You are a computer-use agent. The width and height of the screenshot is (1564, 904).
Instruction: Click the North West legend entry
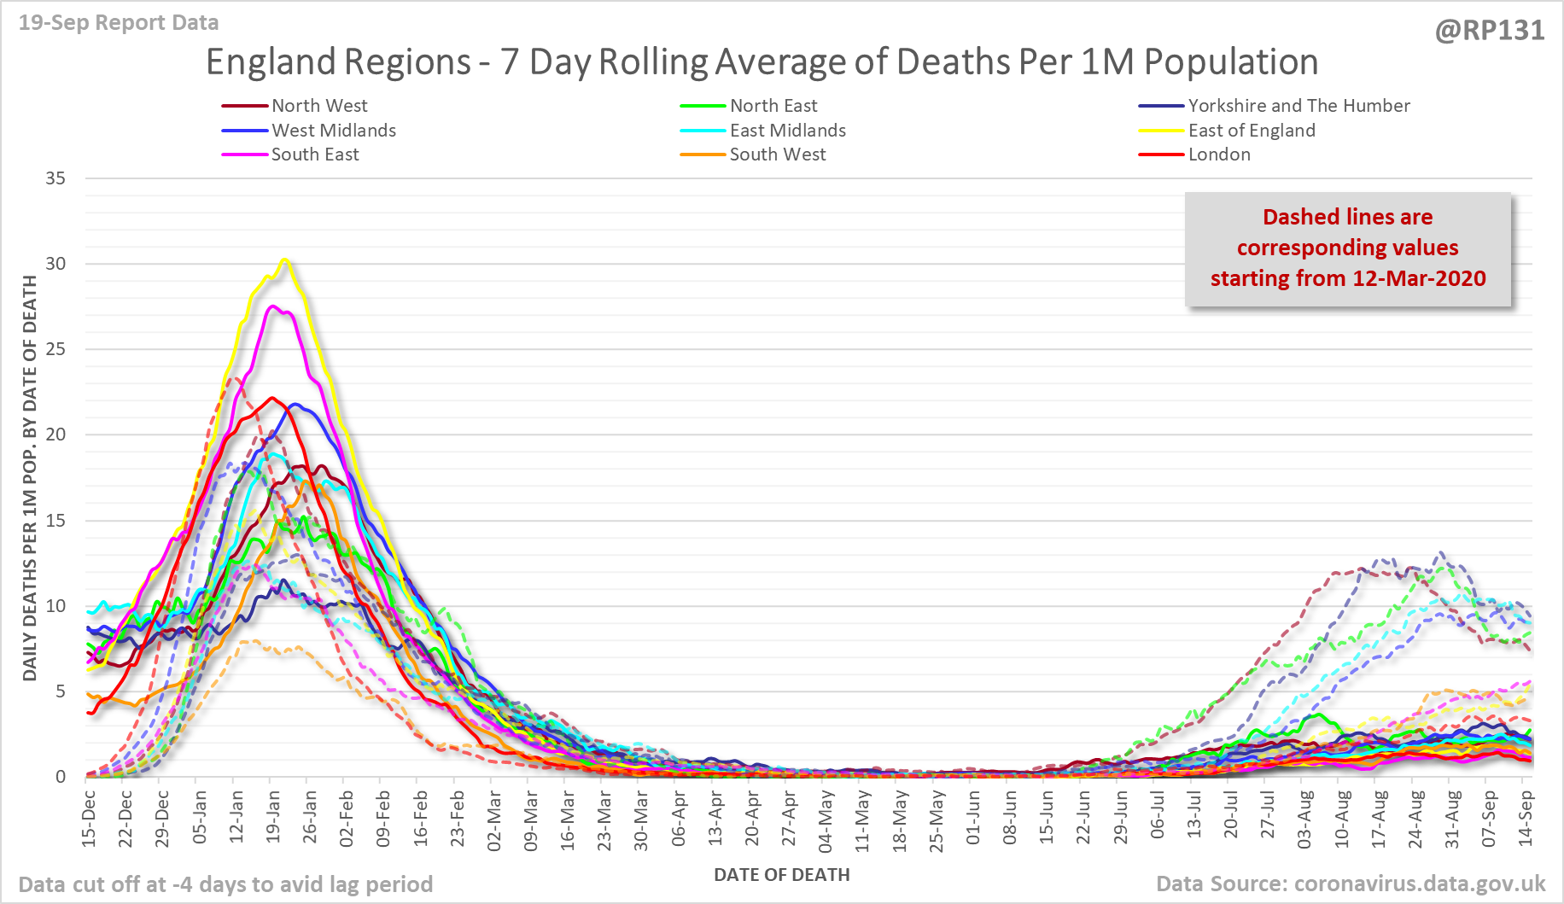click(319, 106)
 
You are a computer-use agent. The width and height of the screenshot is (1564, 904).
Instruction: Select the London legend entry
click(1219, 155)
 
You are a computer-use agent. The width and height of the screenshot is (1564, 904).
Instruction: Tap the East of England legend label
click(1252, 131)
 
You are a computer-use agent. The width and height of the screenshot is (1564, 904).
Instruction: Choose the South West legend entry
click(777, 155)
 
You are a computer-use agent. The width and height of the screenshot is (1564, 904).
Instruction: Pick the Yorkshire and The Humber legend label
click(1298, 106)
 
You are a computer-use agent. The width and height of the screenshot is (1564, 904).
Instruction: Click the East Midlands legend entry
click(787, 131)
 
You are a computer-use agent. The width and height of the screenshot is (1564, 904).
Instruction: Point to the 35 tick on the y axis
click(55, 178)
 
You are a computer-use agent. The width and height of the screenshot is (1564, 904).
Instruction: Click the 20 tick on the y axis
click(55, 435)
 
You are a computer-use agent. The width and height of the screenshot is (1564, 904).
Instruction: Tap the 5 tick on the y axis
click(61, 691)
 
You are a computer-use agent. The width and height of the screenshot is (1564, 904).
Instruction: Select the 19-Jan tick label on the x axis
click(273, 818)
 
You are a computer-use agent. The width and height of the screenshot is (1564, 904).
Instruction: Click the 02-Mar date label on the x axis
click(494, 818)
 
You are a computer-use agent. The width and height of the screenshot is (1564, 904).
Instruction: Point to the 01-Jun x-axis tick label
click(973, 818)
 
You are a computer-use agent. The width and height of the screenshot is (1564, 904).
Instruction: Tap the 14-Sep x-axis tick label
click(1526, 818)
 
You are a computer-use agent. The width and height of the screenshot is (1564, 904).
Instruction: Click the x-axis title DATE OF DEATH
click(781, 875)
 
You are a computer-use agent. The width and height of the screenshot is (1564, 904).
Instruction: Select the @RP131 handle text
click(1490, 31)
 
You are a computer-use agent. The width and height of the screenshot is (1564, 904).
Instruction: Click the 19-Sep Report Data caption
click(119, 23)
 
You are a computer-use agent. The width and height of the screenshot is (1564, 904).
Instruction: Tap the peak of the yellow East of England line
click(285, 260)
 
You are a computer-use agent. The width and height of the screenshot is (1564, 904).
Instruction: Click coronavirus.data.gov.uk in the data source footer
click(1420, 884)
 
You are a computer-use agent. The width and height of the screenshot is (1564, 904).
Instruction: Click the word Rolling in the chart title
click(653, 62)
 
